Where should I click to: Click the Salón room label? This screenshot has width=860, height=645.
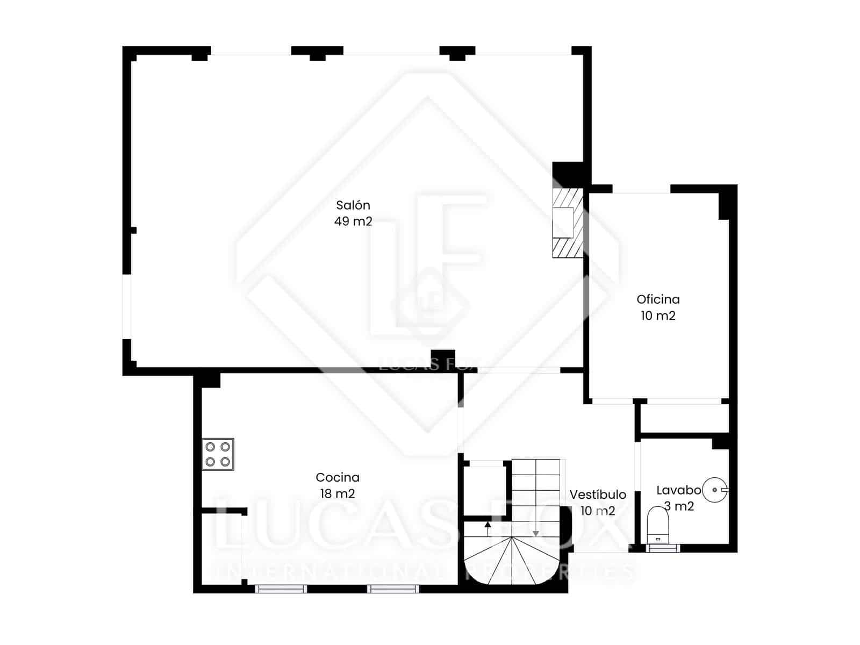[353, 205]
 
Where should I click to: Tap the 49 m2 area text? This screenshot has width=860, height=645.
[353, 221]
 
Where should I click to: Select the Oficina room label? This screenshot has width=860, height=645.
[658, 299]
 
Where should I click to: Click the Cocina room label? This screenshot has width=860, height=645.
[338, 477]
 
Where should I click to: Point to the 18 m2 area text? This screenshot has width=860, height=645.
[338, 493]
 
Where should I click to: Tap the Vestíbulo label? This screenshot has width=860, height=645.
[598, 494]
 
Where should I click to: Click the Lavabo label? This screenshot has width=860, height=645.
[678, 490]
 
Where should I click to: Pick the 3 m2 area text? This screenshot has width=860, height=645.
[679, 506]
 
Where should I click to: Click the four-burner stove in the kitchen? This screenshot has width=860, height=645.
[218, 454]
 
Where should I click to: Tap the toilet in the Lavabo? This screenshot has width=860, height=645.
[657, 524]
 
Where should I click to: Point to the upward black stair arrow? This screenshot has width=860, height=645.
[488, 528]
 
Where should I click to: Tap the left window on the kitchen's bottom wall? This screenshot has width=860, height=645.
[281, 589]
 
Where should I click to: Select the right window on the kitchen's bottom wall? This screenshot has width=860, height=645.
[393, 589]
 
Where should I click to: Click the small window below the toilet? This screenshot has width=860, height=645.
[663, 548]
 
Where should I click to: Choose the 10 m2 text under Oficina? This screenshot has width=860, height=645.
[658, 316]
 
